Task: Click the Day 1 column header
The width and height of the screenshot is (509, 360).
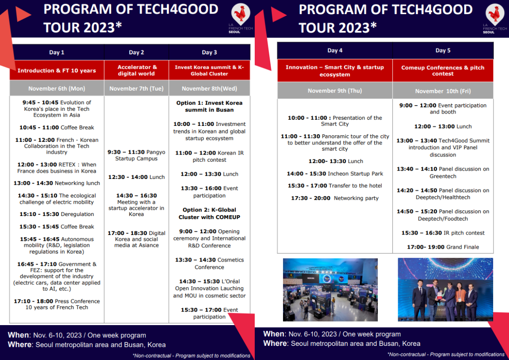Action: tap(57, 52)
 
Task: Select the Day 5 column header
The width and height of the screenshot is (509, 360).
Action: tap(443, 50)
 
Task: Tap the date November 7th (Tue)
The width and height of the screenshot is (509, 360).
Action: tap(136, 88)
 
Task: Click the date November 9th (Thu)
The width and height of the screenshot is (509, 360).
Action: tap(335, 91)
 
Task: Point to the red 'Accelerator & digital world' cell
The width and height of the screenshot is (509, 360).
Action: tap(136, 70)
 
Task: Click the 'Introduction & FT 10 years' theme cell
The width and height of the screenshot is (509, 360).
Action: tap(57, 71)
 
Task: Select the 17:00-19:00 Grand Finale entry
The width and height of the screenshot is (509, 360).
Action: tap(443, 247)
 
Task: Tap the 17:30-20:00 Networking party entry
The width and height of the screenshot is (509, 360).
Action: tap(335, 198)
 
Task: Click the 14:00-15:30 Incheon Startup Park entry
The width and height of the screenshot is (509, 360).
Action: tap(335, 174)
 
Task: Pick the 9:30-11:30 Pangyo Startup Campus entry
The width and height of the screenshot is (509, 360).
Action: tap(136, 155)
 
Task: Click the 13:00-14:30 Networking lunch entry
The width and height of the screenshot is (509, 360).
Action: tap(57, 183)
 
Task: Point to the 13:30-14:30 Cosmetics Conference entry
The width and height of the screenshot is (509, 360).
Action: tap(209, 263)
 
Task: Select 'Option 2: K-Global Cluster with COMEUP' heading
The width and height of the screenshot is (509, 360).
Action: tap(209, 213)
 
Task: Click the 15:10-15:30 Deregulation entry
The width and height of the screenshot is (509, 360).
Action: tap(57, 214)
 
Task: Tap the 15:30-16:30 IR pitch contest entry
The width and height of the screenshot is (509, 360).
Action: tap(443, 233)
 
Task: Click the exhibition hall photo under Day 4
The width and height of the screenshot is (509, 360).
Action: tap(330, 289)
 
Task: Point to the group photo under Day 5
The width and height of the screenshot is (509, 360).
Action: tap(445, 289)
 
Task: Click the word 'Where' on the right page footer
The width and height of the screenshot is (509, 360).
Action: tap(275, 343)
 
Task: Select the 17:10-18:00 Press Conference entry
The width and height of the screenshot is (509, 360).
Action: tap(57, 304)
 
